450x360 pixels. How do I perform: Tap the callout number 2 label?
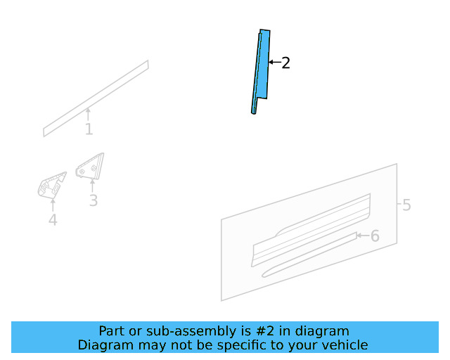(285, 63)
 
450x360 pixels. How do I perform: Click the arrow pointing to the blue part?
(275, 62)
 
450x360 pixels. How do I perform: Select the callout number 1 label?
(89, 129)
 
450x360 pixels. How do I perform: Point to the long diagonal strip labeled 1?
(96, 98)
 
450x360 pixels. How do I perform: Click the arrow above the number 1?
(88, 114)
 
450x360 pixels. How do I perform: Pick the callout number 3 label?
(94, 200)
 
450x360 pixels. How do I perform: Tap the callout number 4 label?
(53, 220)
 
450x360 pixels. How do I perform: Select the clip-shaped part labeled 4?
(51, 185)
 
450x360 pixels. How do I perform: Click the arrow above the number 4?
(53, 205)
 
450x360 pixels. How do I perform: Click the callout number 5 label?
(406, 205)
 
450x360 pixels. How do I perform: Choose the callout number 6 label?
(375, 236)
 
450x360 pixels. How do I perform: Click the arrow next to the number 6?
(364, 236)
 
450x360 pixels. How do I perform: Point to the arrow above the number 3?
(92, 186)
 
